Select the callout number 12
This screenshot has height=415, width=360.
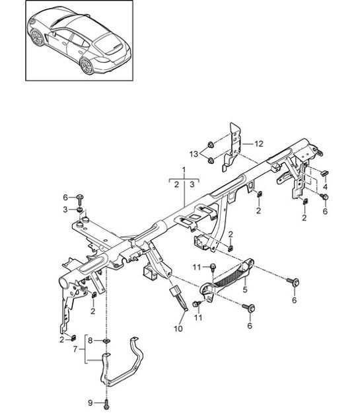coord(259,143)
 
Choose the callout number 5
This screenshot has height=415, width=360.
coord(244,289)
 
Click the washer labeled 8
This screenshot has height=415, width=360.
coord(108,342)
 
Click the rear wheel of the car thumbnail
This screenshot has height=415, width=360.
coord(87,65)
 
